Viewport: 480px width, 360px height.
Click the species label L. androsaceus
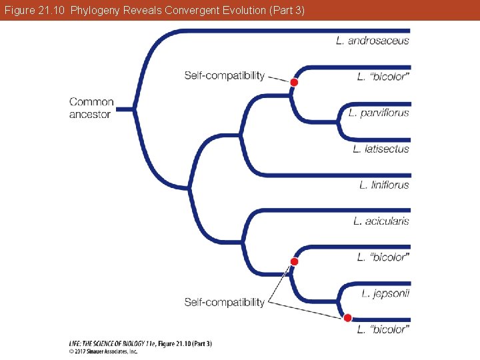coord(373,41)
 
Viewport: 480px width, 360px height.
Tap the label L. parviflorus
coord(379,113)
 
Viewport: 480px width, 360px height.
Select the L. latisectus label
coord(381,149)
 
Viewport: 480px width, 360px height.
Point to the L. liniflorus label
coord(384,185)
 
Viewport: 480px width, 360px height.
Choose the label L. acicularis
coord(381,221)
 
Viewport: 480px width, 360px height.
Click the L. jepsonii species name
coord(385,293)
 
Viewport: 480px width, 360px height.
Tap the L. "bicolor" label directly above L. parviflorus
coord(383,77)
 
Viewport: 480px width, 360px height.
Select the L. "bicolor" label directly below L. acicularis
coord(383,257)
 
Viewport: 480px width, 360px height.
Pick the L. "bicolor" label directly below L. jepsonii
coord(383,329)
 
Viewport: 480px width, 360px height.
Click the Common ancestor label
coord(91,108)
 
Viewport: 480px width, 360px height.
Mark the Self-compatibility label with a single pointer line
coord(225,75)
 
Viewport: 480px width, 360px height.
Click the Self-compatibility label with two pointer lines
coord(225,302)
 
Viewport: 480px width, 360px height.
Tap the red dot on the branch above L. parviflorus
coord(294,81)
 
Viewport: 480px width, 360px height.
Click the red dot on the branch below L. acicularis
coord(294,261)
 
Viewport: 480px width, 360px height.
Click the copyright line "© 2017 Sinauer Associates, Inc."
coord(103,349)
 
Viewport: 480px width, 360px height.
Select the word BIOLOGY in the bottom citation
coord(136,343)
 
